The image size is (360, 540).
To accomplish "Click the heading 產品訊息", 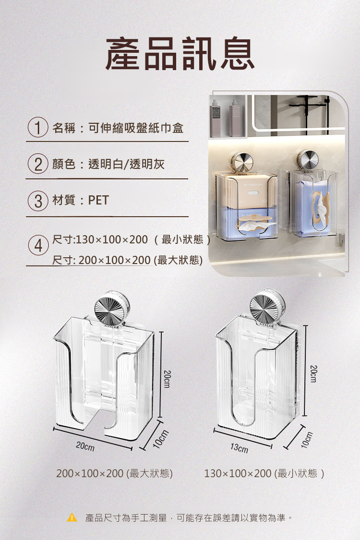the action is pyautogui.click(x=180, y=54).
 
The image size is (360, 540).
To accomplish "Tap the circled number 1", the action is pyautogui.click(x=38, y=127).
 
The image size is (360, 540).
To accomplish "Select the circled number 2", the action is pyautogui.click(x=38, y=164).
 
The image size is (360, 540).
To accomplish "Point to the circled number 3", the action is pyautogui.click(x=38, y=201).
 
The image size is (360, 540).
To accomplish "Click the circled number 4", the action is pyautogui.click(x=38, y=245).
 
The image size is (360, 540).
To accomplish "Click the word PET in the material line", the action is pyautogui.click(x=98, y=200).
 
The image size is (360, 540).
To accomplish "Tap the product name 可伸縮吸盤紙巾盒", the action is pyautogui.click(x=136, y=128).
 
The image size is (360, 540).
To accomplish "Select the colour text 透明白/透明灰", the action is pyautogui.click(x=126, y=164).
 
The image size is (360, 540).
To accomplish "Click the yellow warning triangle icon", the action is pyautogui.click(x=72, y=517).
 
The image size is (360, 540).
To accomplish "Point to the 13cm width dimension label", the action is pyautogui.click(x=239, y=448).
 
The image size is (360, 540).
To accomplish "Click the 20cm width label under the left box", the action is pyautogui.click(x=85, y=446).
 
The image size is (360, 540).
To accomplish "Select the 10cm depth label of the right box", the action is pyautogui.click(x=306, y=439).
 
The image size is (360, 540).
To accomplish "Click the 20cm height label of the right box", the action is pyautogui.click(x=313, y=373).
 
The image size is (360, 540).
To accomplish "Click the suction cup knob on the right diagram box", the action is pyautogui.click(x=267, y=306).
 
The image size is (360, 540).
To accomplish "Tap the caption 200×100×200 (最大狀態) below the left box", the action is pyautogui.click(x=114, y=473).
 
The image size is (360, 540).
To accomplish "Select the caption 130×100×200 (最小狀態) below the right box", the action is pyautogui.click(x=264, y=473).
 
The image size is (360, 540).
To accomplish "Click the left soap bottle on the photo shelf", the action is pyautogui.click(x=216, y=118).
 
